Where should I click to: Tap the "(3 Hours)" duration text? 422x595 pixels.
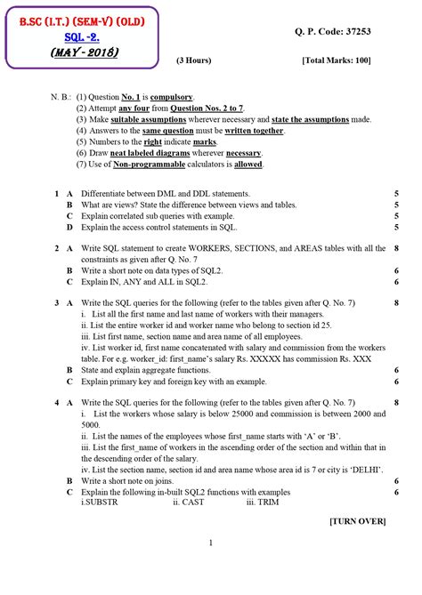193,60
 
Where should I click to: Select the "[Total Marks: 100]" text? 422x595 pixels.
337,60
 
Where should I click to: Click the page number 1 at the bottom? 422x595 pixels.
211,543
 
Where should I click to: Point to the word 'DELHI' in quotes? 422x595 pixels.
364,469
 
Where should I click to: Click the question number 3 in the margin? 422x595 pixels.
56,303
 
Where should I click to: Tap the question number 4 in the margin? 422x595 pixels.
56,402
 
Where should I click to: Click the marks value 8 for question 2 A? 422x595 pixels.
394,248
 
